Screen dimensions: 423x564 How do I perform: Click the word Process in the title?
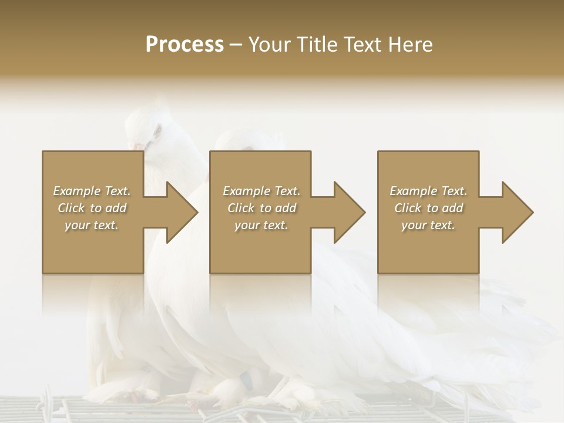(x=184, y=44)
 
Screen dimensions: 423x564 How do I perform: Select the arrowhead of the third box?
(x=517, y=212)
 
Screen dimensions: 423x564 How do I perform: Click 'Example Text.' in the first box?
(x=92, y=191)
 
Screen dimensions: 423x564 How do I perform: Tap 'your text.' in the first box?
(x=92, y=225)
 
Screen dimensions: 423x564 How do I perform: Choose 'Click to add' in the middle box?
(x=261, y=208)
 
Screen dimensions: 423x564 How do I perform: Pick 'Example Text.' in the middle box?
(x=261, y=191)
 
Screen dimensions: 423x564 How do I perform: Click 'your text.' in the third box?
(x=428, y=225)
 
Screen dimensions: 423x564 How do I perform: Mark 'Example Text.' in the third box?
(x=428, y=191)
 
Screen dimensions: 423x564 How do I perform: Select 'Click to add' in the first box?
(x=92, y=208)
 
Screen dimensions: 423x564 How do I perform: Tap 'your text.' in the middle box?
(x=261, y=225)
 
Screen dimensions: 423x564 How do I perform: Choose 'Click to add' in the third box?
(x=428, y=208)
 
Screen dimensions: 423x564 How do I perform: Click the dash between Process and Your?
(x=236, y=45)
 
